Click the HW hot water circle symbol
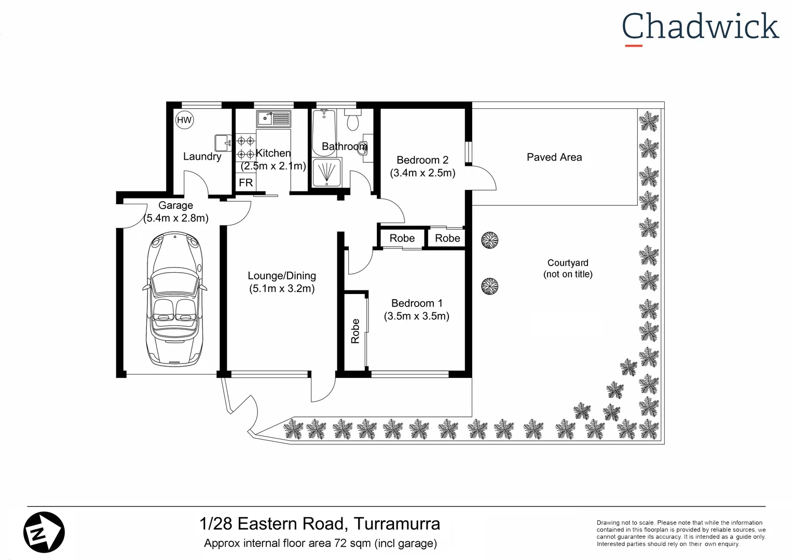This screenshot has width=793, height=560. click(184, 120)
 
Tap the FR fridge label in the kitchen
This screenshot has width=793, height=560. click(245, 183)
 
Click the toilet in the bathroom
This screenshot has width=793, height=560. click(353, 121)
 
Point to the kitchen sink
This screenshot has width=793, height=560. click(274, 119)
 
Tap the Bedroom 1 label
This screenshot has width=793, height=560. click(416, 303)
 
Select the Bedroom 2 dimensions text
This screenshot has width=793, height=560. click(422, 173)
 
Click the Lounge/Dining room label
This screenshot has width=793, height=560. click(281, 276)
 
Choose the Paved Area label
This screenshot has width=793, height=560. click(554, 157)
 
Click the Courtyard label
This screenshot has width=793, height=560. click(567, 263)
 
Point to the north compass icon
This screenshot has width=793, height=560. click(44, 531)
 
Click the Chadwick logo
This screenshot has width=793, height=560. click(700, 27)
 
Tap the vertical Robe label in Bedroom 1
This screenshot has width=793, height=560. click(356, 331)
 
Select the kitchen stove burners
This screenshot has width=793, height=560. click(245, 147)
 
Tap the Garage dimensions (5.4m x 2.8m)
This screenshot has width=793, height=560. click(176, 218)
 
